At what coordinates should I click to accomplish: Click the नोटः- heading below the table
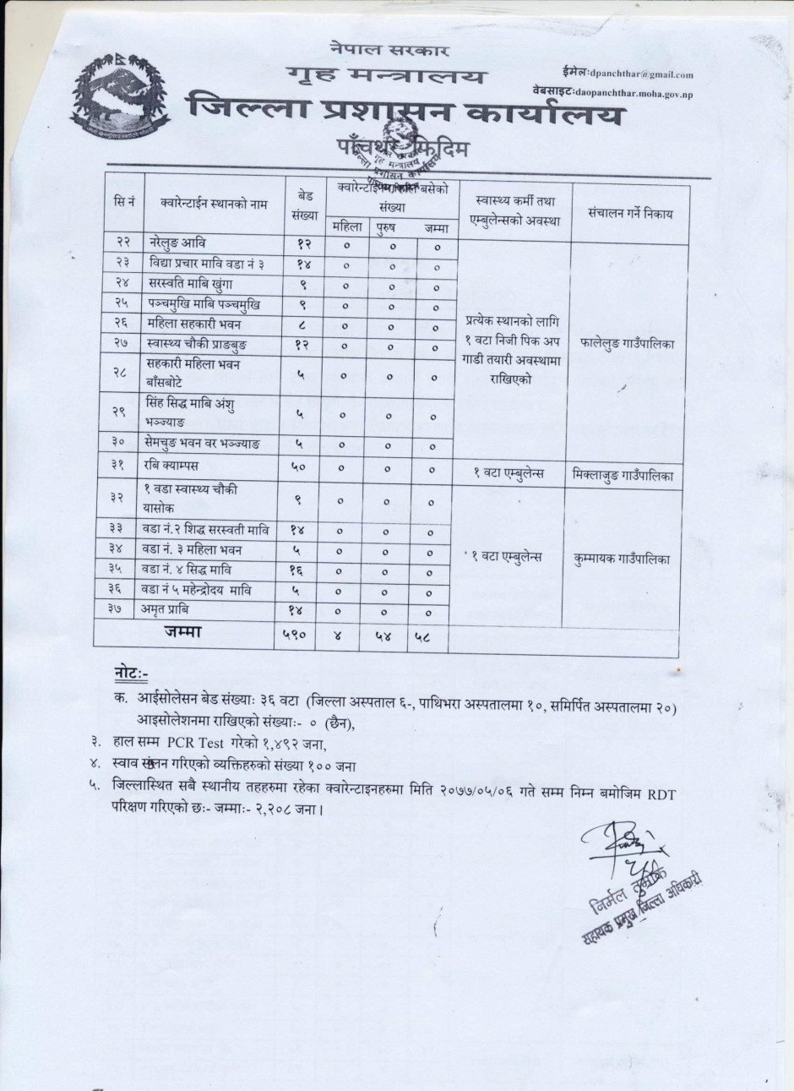click(x=131, y=674)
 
